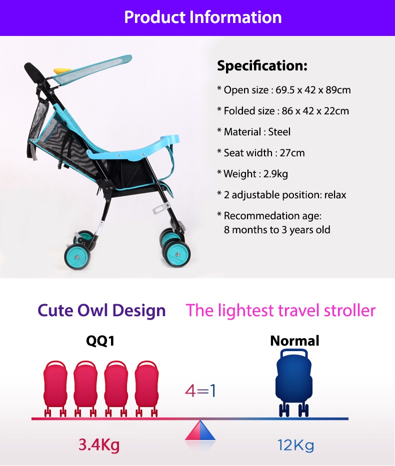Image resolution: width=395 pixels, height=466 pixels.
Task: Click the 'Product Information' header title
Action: click(x=203, y=17)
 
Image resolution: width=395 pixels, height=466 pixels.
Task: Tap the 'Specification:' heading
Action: click(x=262, y=66)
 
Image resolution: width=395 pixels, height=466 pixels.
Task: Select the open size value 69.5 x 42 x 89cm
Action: click(x=313, y=90)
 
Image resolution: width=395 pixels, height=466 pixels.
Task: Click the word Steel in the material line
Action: click(x=279, y=132)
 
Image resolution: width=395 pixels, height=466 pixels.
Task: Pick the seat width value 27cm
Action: click(x=292, y=153)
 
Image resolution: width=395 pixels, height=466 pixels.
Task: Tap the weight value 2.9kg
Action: click(x=275, y=174)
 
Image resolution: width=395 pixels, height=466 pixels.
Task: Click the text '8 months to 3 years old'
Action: click(x=277, y=230)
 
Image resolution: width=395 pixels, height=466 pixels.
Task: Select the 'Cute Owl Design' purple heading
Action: click(x=101, y=311)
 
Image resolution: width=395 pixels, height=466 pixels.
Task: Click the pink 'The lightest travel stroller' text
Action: click(x=280, y=311)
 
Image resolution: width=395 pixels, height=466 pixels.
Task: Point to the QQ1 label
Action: click(x=100, y=341)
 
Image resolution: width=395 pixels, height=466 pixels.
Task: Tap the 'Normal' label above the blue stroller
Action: click(x=294, y=341)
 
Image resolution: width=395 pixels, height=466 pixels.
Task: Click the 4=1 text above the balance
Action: click(x=200, y=391)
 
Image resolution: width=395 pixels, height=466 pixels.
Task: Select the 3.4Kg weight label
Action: click(x=99, y=445)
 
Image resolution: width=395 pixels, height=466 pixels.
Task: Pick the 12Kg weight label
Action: click(x=295, y=445)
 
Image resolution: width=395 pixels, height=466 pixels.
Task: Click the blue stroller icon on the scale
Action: click(x=294, y=383)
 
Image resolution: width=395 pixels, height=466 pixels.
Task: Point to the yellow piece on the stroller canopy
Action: click(x=62, y=71)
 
